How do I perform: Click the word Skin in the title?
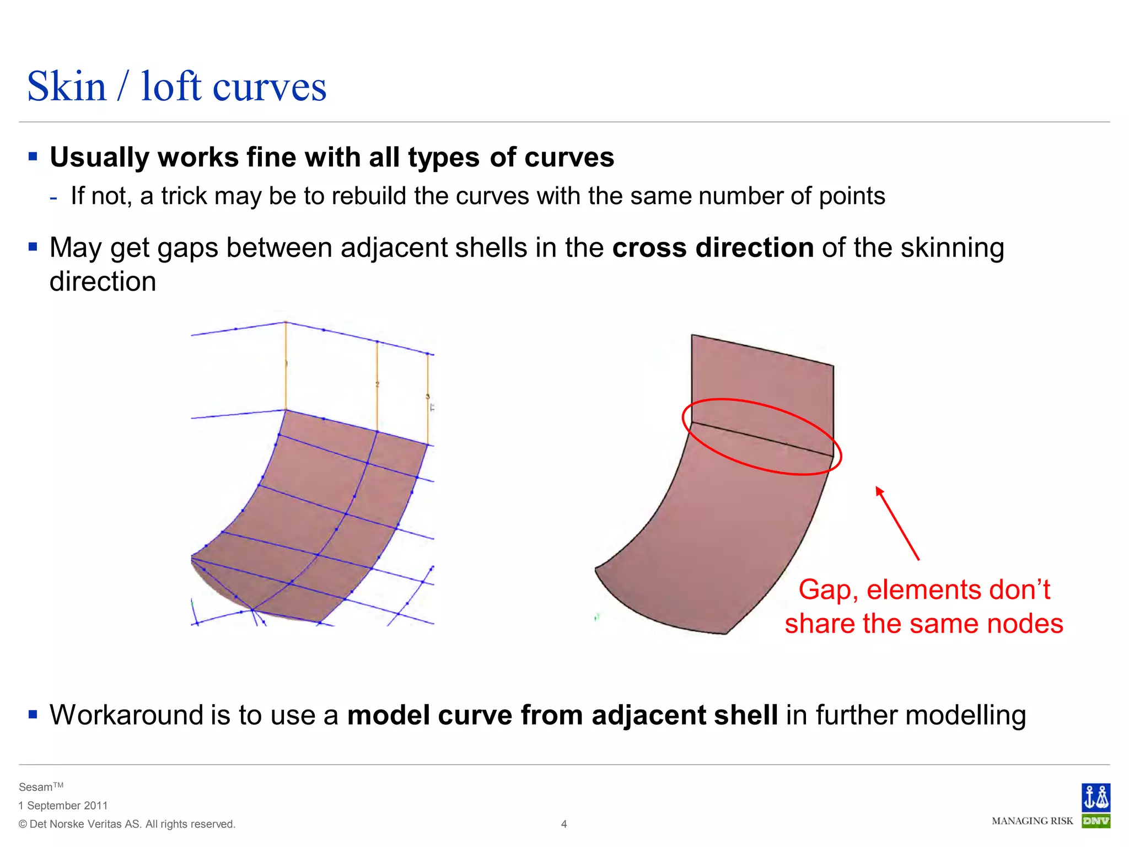tap(67, 87)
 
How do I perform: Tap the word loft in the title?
tap(171, 87)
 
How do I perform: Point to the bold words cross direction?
tap(712, 248)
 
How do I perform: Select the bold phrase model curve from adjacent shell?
tap(562, 715)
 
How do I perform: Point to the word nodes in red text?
tap(1024, 624)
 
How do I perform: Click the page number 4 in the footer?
tap(564, 824)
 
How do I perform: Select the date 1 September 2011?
tap(63, 806)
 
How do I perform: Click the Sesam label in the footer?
tap(36, 787)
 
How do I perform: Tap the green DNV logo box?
tap(1096, 821)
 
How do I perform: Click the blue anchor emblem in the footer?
tap(1096, 797)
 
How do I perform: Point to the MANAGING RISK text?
tap(1032, 821)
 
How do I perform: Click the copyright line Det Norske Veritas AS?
tap(127, 824)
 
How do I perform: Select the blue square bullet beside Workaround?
tap(33, 715)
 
